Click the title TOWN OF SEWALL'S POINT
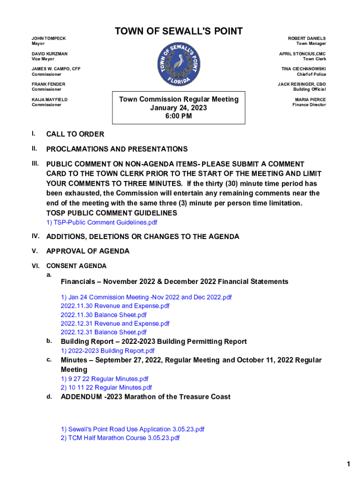[179, 31]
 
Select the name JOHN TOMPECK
[49, 38]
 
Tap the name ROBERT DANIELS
[307, 38]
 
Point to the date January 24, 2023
[179, 108]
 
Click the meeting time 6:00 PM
[179, 116]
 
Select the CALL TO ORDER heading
[75, 135]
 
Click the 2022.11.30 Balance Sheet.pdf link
[104, 315]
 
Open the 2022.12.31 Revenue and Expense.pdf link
[115, 324]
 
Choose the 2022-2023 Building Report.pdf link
[108, 351]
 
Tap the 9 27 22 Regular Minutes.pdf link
[104, 379]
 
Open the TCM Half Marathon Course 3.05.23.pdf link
[120, 438]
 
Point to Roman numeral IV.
[36, 236]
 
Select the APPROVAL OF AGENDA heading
[88, 251]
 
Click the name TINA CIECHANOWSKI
[303, 69]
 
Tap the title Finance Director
[309, 105]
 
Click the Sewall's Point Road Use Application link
[132, 429]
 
